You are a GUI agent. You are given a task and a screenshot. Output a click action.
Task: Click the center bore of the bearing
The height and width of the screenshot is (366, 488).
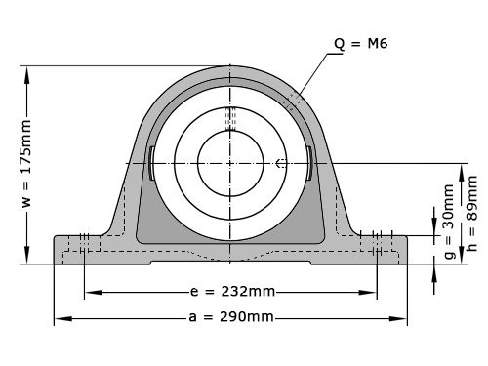(230, 163)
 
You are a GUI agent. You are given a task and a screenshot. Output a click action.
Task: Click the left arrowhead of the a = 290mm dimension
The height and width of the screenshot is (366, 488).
(59, 317)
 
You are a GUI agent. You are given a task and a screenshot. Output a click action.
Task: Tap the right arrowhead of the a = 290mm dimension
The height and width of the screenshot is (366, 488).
(402, 317)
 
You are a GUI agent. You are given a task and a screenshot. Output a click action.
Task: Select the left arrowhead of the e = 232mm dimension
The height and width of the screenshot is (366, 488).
(91, 292)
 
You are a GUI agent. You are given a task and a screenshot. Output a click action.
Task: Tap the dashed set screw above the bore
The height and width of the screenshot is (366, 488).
(230, 118)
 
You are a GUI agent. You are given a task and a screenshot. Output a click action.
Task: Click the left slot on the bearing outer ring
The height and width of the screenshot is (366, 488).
(152, 162)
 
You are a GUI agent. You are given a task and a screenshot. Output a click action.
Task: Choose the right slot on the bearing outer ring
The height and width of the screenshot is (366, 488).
(309, 162)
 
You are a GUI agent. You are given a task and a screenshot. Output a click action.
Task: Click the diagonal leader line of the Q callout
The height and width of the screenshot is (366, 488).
(314, 74)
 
